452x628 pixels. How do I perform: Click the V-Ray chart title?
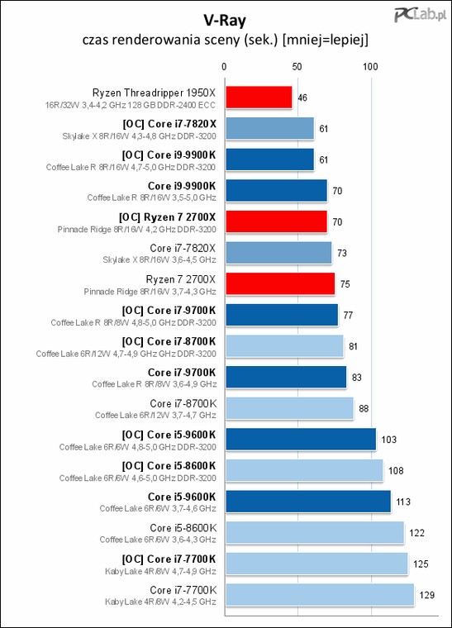(x=225, y=20)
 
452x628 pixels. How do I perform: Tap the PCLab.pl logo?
(x=420, y=15)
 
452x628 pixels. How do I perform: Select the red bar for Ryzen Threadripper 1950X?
(x=259, y=98)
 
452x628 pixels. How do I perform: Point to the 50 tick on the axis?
(x=297, y=66)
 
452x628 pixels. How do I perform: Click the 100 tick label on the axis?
(x=370, y=66)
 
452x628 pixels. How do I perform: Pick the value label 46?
(x=302, y=98)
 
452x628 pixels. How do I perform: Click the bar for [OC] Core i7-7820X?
(x=270, y=128)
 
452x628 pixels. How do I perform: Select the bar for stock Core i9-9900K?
(x=277, y=191)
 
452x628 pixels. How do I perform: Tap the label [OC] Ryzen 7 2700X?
(x=168, y=217)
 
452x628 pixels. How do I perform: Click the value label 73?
(x=342, y=253)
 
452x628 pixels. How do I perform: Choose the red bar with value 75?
(x=280, y=284)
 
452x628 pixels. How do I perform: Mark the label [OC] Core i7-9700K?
(x=169, y=311)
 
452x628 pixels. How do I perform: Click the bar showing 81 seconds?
(x=284, y=346)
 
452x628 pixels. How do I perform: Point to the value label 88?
(x=364, y=408)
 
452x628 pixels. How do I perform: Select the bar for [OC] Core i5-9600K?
(x=301, y=440)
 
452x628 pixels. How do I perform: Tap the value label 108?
(x=396, y=471)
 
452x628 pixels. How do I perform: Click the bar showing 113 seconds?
(x=308, y=502)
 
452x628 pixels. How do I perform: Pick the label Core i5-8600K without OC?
(x=183, y=528)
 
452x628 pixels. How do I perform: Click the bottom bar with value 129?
(x=320, y=595)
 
